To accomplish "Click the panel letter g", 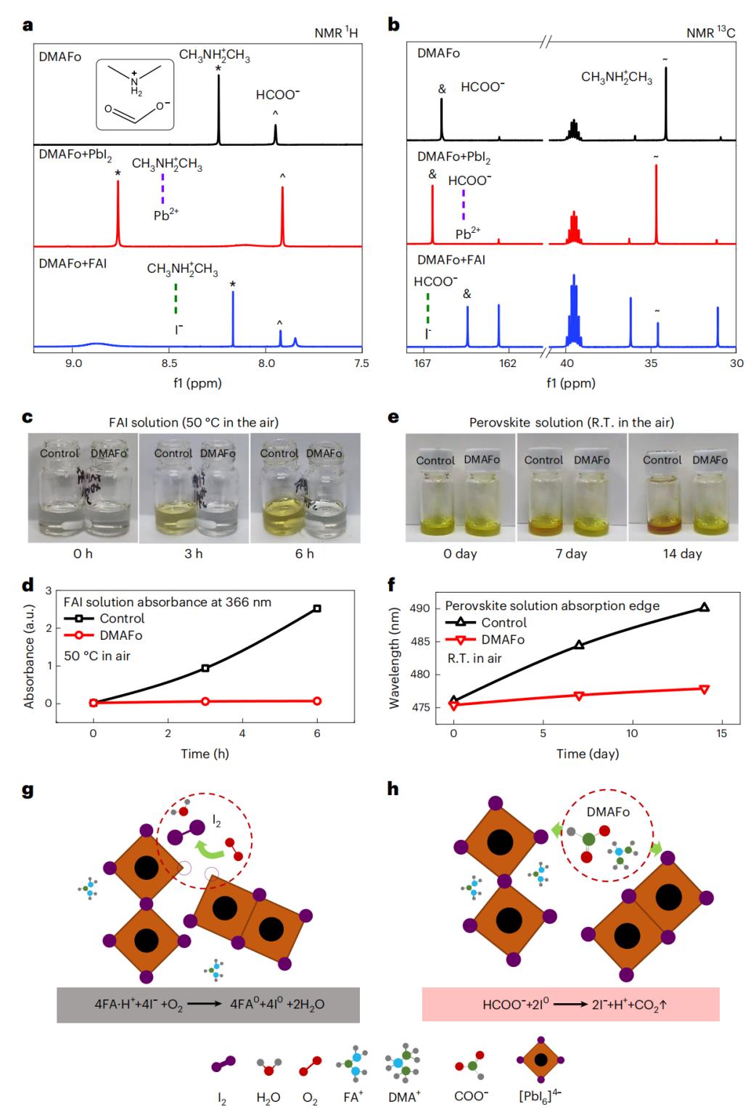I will coord(28,789).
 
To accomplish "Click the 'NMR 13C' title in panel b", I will coord(712,33).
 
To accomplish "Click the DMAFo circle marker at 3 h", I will coord(205,701).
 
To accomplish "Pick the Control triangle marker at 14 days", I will coord(704,608).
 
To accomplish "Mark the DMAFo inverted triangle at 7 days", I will coord(578,696).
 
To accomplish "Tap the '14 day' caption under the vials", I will coord(681,554).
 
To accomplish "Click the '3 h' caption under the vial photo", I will coord(193,554).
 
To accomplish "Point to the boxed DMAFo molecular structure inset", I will coord(135,95).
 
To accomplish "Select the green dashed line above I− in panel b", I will coord(428,309).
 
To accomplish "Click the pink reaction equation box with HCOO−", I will coord(570,1005).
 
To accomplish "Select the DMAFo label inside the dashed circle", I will coord(608,812).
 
